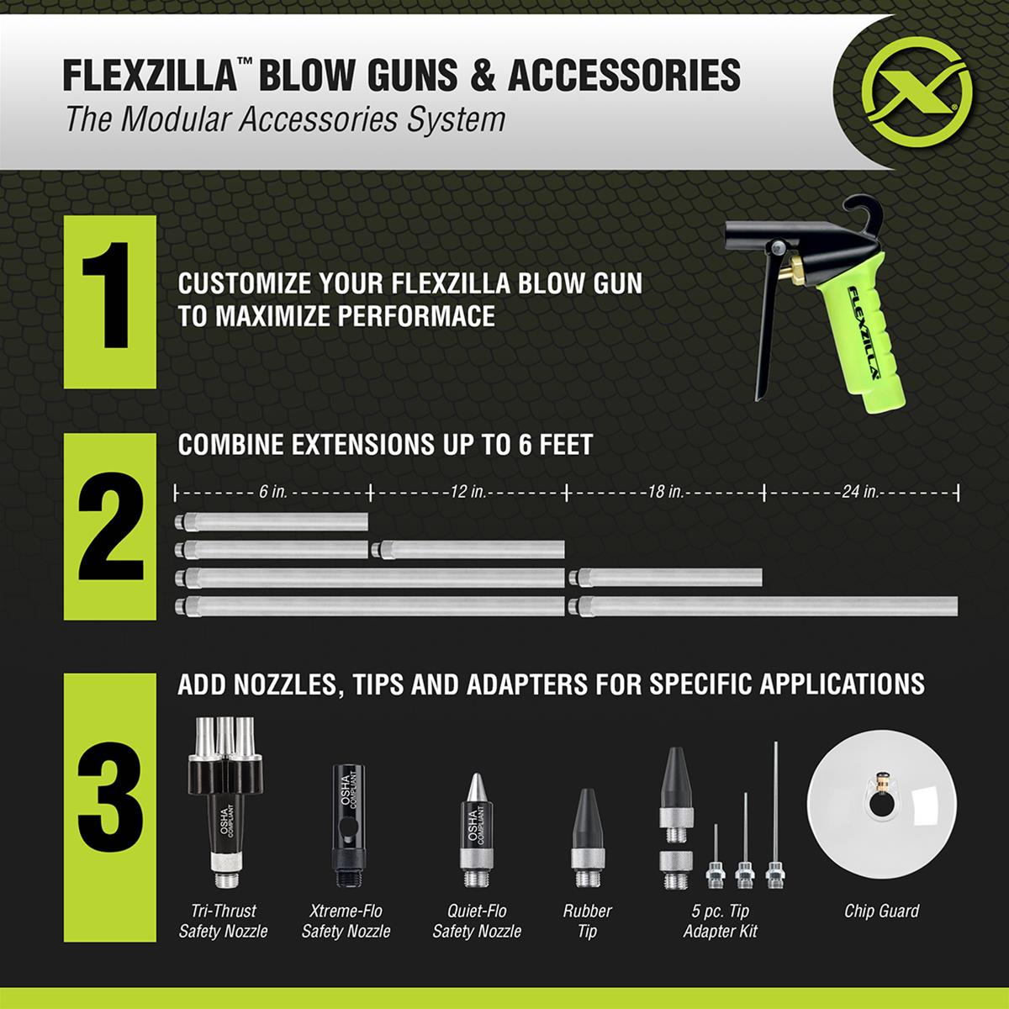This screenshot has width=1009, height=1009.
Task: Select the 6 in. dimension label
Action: coord(272,492)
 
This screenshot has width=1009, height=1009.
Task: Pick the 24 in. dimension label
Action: coord(858,492)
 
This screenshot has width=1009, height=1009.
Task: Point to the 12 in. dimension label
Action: coord(469,492)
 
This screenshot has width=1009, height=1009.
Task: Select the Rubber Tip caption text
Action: coord(588,920)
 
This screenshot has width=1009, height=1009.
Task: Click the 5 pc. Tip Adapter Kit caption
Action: coord(720,920)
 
